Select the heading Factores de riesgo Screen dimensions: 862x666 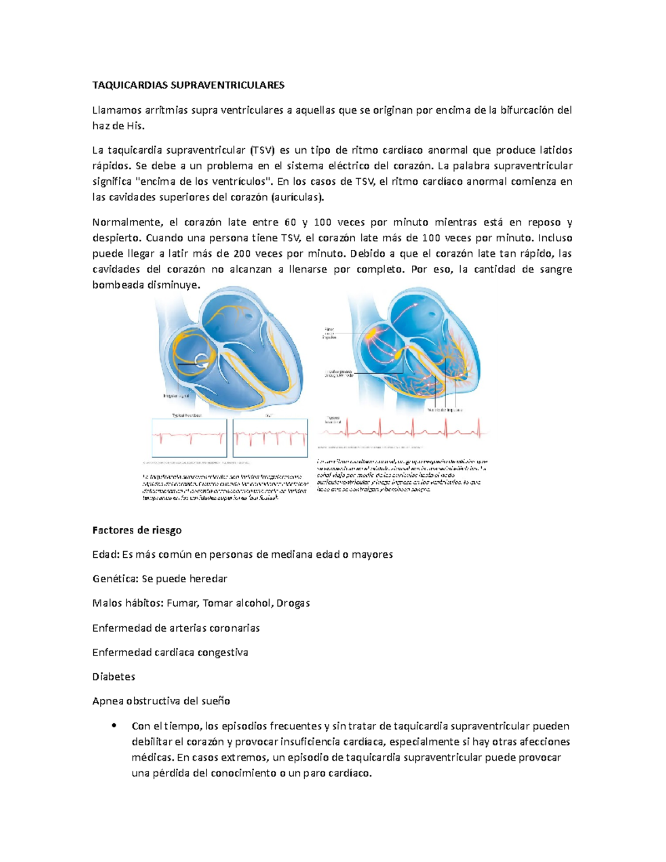point(137,530)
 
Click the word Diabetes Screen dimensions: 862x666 point(113,677)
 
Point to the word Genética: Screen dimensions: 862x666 point(115,579)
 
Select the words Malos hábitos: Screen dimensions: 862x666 point(128,603)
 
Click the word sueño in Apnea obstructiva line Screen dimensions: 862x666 point(216,701)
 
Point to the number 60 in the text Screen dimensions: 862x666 point(290,223)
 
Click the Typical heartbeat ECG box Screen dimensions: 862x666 point(189,438)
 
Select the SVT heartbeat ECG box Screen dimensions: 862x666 point(270,438)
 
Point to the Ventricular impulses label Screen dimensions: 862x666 point(445,410)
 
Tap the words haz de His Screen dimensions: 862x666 point(118,126)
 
